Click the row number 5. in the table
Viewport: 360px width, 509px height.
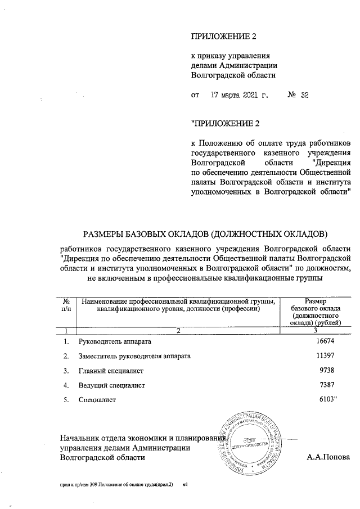click(x=66, y=400)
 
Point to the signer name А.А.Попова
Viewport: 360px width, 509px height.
click(x=328, y=458)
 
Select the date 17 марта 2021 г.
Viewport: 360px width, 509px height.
click(x=238, y=95)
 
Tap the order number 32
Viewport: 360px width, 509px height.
click(x=305, y=95)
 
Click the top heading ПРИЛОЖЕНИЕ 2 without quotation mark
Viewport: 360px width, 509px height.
click(x=224, y=37)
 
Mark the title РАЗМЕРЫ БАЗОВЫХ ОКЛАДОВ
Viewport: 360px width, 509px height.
click(x=205, y=233)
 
